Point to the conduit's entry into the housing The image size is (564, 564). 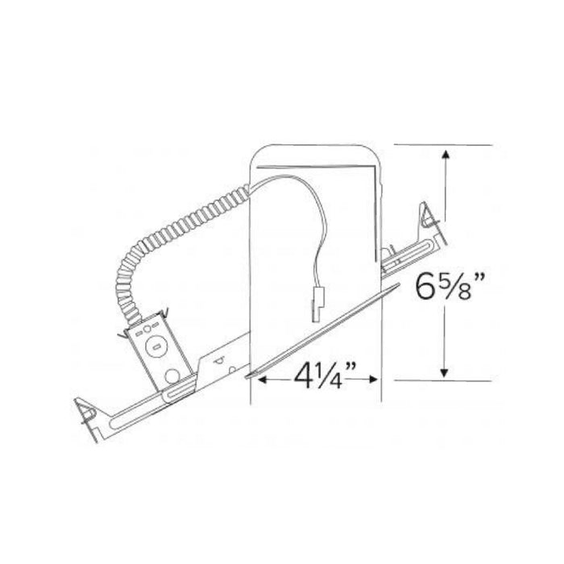249,191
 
